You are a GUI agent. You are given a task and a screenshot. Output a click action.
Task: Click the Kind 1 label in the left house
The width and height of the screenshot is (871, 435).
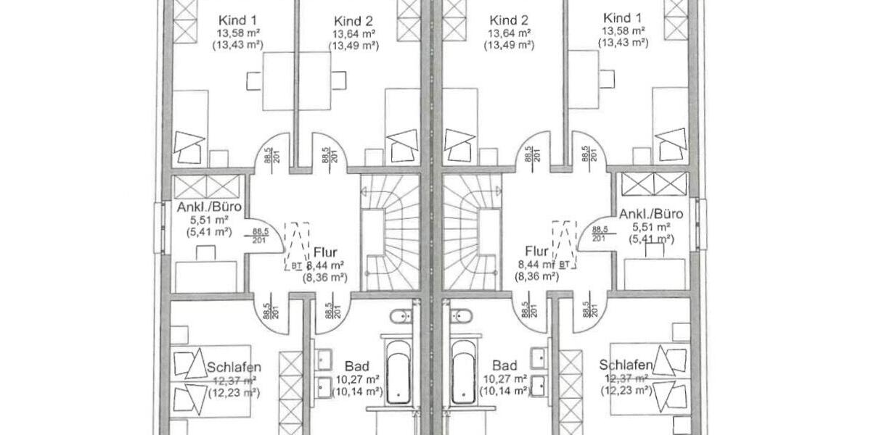[x=237, y=20]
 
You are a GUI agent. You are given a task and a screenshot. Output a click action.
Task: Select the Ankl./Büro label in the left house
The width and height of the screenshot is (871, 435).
[x=209, y=208]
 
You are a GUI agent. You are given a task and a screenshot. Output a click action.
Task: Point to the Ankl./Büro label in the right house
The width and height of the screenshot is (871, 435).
[x=651, y=214]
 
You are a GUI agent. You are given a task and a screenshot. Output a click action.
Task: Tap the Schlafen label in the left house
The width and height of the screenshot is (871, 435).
[x=234, y=367]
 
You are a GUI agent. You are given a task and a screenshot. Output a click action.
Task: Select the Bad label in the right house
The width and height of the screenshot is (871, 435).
[x=504, y=365]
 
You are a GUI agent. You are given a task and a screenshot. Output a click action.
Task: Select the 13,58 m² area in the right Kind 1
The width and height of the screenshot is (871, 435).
[x=622, y=31]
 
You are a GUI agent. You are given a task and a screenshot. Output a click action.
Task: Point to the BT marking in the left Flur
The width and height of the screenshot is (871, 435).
[x=296, y=266]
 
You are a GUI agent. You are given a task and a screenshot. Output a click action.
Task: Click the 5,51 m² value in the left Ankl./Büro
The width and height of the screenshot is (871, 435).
[x=209, y=220]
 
